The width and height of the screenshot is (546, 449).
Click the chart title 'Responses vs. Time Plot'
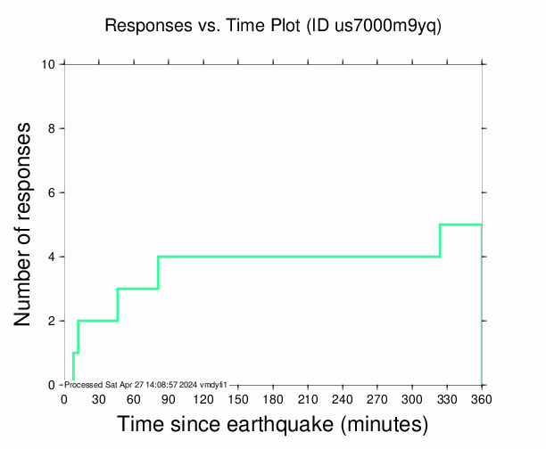tap(203, 26)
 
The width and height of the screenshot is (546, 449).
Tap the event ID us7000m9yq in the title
tap(386, 26)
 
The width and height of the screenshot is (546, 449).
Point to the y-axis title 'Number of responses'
tap(26, 224)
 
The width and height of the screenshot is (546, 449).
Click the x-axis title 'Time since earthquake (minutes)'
tap(272, 424)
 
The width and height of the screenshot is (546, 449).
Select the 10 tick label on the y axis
tap(49, 64)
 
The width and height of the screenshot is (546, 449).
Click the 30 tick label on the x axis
tap(98, 398)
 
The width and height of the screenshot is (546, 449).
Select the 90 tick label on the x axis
tap(168, 398)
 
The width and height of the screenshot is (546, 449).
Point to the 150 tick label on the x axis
tap(237, 398)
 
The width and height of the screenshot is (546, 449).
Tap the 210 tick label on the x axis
tap(307, 398)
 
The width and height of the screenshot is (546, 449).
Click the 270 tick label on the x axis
tap(376, 398)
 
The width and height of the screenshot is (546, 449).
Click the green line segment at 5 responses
tap(460, 224)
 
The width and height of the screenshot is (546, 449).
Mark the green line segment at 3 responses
tap(137, 289)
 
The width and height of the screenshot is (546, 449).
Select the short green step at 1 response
tap(76, 353)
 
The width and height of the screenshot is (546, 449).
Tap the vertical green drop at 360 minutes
tap(482, 303)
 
